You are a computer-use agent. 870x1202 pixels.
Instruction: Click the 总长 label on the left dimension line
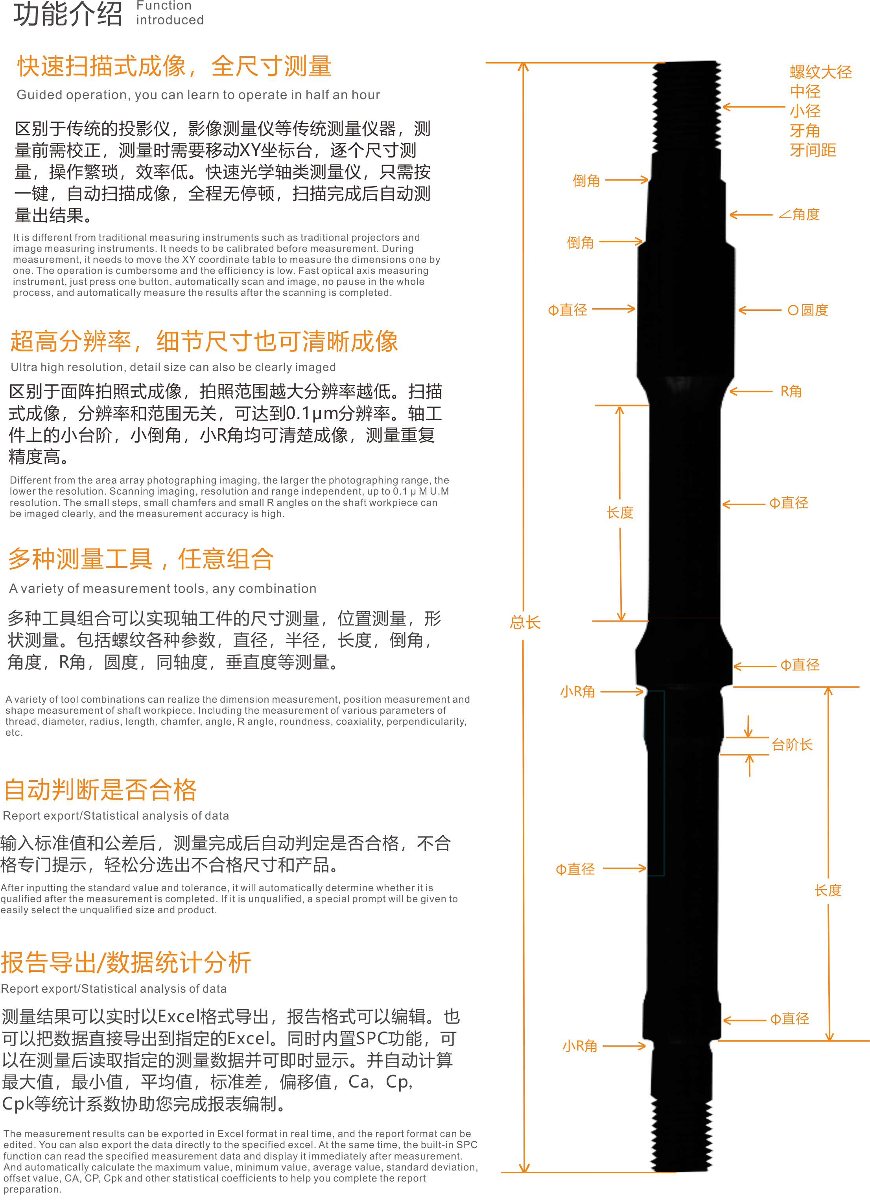525,622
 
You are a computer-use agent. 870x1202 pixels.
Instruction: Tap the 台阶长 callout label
792,745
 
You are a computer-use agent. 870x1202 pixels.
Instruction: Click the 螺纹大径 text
821,72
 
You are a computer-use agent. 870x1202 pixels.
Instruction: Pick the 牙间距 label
813,150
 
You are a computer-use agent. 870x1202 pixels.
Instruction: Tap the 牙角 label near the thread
805,130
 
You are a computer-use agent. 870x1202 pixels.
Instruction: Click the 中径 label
805,91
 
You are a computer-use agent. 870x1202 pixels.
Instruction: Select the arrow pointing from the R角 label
751,391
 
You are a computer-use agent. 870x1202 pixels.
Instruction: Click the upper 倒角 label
586,181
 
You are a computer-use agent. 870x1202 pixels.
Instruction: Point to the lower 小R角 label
580,1046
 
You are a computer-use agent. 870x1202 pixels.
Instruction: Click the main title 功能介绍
68,14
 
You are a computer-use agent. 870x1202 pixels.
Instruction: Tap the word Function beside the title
164,6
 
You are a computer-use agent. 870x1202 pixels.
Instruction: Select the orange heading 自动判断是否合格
100,790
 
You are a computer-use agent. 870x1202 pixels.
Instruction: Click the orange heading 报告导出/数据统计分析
126,962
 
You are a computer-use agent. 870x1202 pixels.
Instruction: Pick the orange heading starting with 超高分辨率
204,341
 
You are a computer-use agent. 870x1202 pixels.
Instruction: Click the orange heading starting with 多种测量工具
141,559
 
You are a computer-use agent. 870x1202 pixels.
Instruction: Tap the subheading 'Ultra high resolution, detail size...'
173,367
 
